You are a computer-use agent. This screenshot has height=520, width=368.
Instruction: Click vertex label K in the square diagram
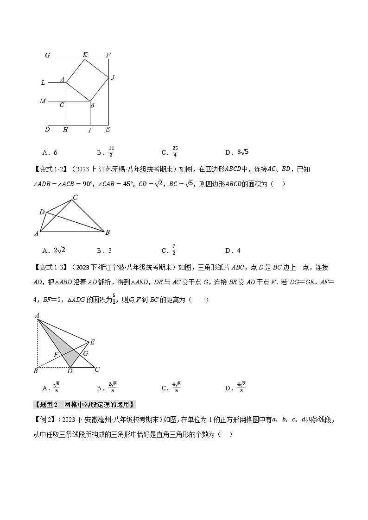(85, 55)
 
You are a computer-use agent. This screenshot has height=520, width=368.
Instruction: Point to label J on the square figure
(112, 77)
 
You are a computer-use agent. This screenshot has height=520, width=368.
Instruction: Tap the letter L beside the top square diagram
(43, 83)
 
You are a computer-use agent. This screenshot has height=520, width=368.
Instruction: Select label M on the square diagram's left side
(43, 101)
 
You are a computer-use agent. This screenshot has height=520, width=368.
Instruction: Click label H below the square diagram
(66, 130)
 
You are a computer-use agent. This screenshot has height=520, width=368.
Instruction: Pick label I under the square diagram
(90, 131)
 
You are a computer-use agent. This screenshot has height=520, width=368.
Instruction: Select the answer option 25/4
(174, 151)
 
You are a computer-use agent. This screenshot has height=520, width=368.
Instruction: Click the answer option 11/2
(111, 151)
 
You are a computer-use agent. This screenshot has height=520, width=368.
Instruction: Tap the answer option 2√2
(60, 251)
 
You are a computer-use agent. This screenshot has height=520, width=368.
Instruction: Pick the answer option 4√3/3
(241, 388)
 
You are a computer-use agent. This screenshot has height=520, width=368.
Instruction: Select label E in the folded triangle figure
(92, 342)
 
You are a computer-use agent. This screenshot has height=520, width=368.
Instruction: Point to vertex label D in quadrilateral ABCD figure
(42, 212)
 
